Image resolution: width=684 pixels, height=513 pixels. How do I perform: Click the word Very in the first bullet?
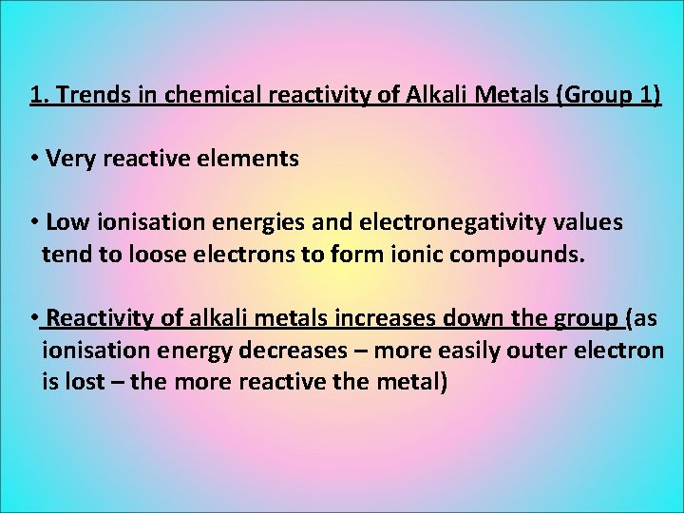[66, 159]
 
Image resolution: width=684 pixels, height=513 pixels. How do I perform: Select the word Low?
[64, 222]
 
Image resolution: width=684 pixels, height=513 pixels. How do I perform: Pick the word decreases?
[299, 351]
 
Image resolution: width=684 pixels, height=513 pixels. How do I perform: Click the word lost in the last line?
[82, 382]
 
